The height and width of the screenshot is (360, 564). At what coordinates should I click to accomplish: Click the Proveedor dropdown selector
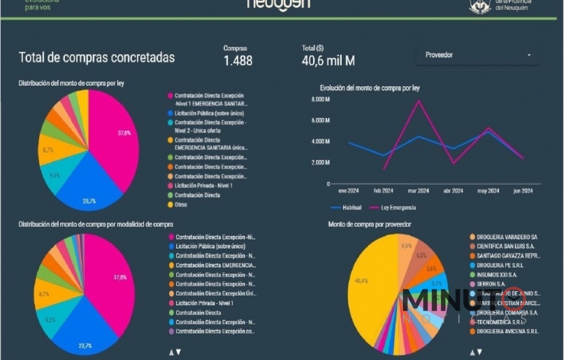pos(477,55)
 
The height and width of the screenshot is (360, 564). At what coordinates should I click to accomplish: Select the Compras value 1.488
pos(238,60)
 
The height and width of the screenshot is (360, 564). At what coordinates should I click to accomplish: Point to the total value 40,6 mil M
pos(328,60)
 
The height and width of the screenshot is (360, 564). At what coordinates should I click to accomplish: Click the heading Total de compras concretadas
pos(97,58)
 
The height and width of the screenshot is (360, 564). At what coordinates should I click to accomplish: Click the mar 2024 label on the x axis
pos(418,191)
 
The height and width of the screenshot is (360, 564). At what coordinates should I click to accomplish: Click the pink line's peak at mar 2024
pos(418,101)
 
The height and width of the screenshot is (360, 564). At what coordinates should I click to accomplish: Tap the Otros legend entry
pos(181,205)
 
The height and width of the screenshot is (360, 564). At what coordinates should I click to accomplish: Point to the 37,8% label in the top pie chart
pos(124,133)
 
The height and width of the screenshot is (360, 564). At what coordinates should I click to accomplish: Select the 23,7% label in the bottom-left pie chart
pos(85,346)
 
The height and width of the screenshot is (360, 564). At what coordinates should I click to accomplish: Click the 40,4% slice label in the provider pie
pos(361,281)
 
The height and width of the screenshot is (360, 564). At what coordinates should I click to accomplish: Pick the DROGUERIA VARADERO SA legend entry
pos(502,237)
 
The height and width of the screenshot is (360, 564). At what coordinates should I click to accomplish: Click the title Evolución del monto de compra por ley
pos(369,88)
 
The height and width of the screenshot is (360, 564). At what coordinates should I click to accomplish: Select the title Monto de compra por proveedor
pos(369,224)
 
